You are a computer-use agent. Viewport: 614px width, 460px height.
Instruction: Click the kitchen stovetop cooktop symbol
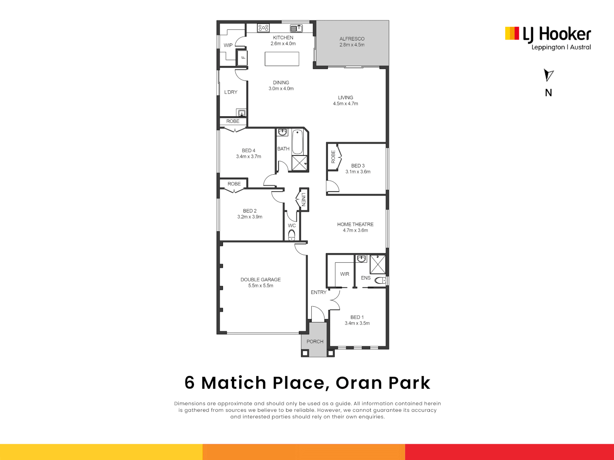tap(263, 28)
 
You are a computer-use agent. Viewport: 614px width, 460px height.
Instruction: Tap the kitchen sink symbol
tap(296, 28)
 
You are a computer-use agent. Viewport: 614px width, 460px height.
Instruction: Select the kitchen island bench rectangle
tap(282, 59)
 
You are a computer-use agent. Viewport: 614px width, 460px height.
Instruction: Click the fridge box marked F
tap(242, 58)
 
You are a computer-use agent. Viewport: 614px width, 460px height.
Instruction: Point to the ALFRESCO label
tap(352, 39)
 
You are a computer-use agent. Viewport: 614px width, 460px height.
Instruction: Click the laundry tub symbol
tap(241, 112)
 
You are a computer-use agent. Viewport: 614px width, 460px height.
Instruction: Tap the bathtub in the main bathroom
tap(297, 141)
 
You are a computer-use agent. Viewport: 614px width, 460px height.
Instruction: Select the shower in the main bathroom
tap(299, 163)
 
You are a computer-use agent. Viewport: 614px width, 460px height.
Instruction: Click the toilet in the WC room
tap(292, 235)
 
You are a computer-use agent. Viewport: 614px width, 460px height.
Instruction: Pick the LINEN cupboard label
tap(304, 199)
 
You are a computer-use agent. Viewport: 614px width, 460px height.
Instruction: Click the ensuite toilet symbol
tap(380, 280)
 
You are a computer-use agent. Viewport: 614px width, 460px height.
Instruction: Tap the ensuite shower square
tap(378, 264)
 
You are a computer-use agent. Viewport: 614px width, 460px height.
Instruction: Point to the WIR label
tap(345, 274)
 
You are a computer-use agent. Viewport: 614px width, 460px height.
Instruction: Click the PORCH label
tap(315, 342)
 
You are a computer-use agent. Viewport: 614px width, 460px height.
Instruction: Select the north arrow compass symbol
tap(548, 75)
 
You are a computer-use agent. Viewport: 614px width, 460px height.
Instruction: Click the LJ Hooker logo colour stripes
tap(512, 33)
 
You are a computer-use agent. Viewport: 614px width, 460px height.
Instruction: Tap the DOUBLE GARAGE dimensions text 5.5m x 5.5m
tap(261, 285)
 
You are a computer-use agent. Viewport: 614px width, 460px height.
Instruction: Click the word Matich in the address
tap(234, 382)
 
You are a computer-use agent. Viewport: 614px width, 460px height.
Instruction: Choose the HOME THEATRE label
tap(355, 224)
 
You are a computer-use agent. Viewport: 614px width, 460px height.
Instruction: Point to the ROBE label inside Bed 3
tap(333, 157)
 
